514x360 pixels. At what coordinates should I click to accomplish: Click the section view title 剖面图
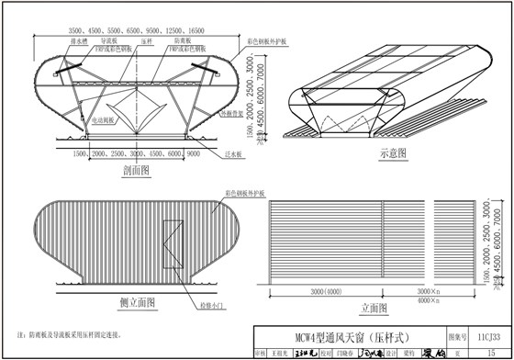click(x=136, y=170)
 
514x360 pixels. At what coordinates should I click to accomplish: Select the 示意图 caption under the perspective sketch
click(x=391, y=154)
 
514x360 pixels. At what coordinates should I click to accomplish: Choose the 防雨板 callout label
click(x=182, y=41)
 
